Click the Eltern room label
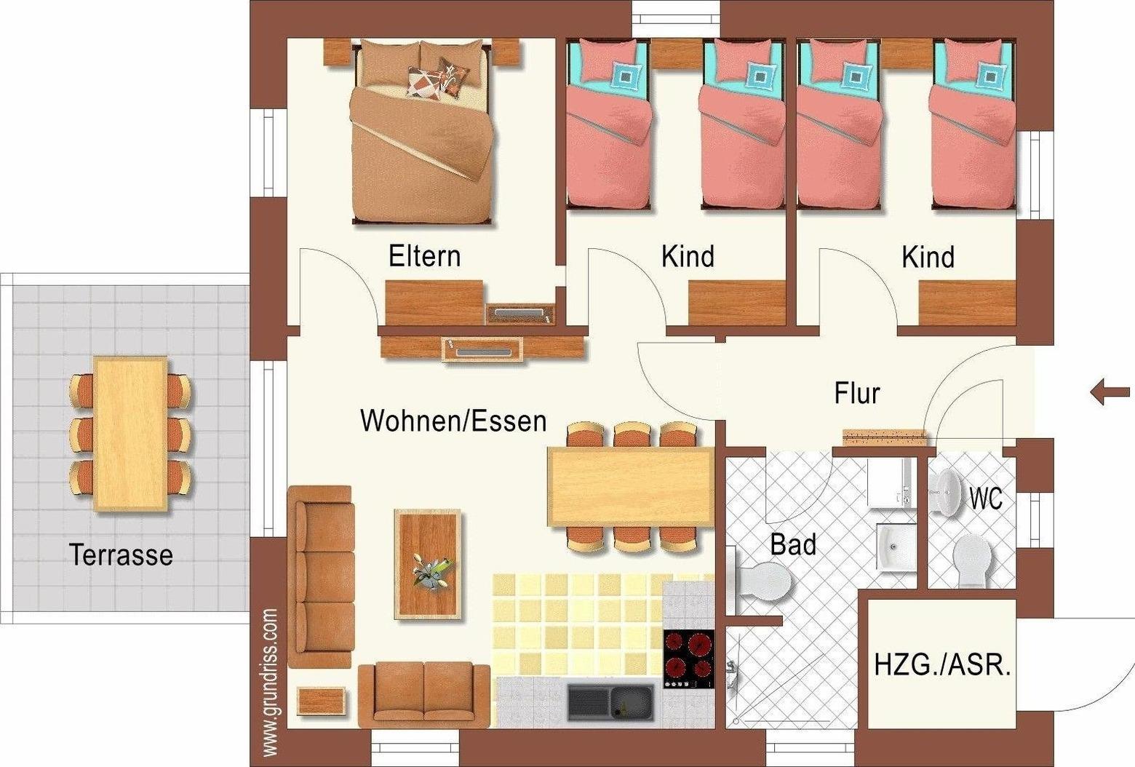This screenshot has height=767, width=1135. click(425, 256)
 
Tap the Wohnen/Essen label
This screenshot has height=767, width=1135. click(453, 421)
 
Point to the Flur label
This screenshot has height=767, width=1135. click(857, 393)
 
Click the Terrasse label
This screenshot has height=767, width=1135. click(121, 555)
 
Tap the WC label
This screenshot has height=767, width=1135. click(986, 498)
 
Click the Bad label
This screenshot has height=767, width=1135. click(793, 544)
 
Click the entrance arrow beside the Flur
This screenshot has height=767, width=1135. click(1110, 392)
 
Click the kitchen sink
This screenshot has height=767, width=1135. click(610, 702)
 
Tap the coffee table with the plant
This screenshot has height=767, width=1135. click(428, 564)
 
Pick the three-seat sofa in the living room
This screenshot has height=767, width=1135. click(320, 577)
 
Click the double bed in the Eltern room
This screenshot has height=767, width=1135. click(421, 133)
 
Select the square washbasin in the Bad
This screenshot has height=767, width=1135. click(896, 547)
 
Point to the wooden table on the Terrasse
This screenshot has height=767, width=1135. click(131, 434)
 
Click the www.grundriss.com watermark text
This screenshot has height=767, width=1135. click(271, 683)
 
